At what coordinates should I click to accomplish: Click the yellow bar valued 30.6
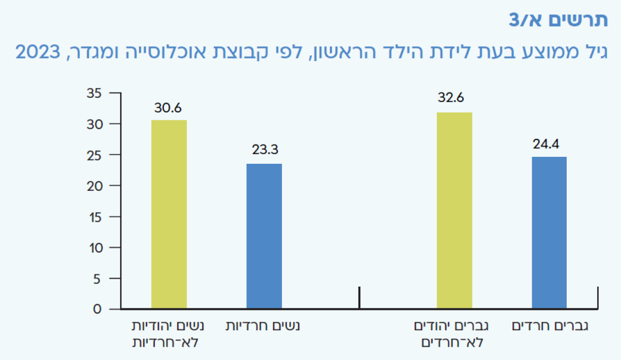(x=169, y=214)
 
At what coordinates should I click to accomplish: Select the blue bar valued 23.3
(x=264, y=236)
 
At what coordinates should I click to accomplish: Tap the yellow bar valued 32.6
(x=454, y=211)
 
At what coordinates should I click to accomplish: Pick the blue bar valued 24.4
(x=549, y=232)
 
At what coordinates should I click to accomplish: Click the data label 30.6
(x=168, y=107)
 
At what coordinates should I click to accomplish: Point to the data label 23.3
(x=265, y=149)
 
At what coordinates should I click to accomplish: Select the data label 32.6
(x=451, y=97)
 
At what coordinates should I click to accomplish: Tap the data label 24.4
(x=546, y=144)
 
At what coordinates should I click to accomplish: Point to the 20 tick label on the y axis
(x=95, y=186)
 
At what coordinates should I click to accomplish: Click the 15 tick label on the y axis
(x=95, y=217)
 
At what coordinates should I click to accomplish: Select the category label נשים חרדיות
(x=263, y=326)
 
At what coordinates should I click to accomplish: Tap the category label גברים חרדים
(x=550, y=326)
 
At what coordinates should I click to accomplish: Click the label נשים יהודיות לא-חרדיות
(x=168, y=334)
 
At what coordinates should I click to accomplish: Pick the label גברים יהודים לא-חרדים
(x=451, y=334)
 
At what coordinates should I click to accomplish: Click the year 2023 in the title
(x=38, y=52)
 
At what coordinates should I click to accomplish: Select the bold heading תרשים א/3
(x=558, y=20)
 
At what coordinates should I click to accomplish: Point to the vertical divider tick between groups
(x=359, y=297)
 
